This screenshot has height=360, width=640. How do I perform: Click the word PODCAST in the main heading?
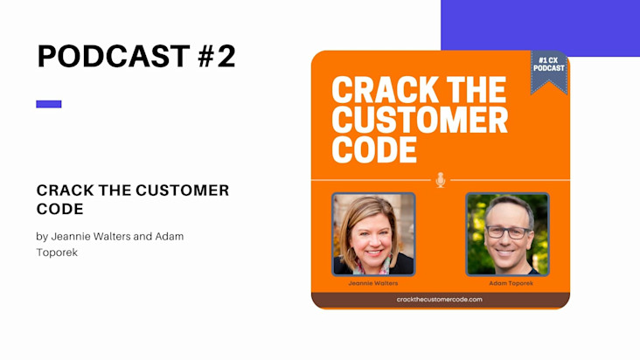tap(114, 56)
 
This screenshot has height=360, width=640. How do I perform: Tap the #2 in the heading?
tap(217, 56)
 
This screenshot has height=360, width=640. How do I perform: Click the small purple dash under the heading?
tap(49, 104)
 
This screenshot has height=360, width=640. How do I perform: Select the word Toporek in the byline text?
tap(57, 253)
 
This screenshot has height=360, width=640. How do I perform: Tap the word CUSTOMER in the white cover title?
tap(420, 120)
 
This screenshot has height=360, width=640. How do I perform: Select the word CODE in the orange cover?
tap(374, 149)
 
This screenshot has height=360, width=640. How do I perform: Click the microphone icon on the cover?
tap(440, 180)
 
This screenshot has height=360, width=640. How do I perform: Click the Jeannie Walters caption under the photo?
tap(373, 283)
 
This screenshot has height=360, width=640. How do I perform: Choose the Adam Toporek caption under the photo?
tap(511, 283)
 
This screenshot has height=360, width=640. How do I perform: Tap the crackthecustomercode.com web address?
tap(439, 299)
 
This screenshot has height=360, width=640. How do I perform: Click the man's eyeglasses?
tap(508, 232)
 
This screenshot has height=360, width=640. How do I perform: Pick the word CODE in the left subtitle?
tap(60, 209)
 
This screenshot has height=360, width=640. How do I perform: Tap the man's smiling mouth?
tap(504, 253)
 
